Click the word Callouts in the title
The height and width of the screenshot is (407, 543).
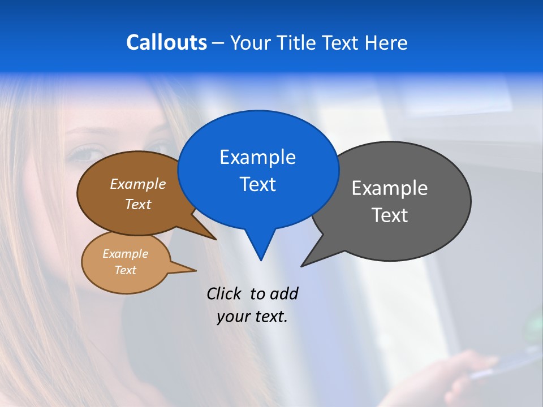pos(166,42)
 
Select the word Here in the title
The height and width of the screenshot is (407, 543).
pos(386,43)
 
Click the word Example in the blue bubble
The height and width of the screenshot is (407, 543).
pos(257,157)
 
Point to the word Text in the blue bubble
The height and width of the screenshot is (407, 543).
pos(257,184)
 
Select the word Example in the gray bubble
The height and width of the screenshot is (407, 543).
pos(390,188)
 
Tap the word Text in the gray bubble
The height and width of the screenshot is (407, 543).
pos(390,215)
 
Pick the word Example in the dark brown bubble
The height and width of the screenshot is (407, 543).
pos(138,184)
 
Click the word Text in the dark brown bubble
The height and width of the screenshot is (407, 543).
pos(138,204)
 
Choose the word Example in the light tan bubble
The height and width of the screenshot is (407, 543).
pos(126,254)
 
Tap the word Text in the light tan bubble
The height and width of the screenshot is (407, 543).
pos(126,270)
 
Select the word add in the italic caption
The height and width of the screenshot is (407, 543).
pos(283,293)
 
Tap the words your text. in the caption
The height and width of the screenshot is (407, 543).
pos(252,317)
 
